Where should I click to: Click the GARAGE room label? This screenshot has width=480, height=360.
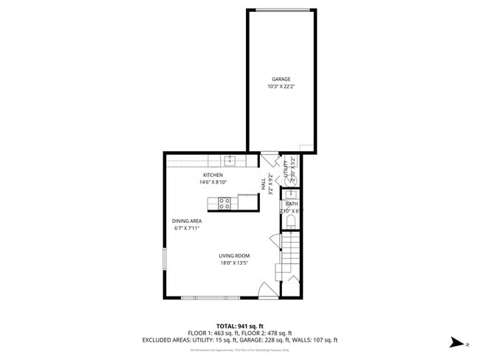281,79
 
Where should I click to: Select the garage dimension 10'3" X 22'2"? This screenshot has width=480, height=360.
281,86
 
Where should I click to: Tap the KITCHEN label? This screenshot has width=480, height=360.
213,175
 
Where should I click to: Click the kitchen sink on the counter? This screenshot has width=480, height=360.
230,159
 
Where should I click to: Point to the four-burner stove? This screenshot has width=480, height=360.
225,202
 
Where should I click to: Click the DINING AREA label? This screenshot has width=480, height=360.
187,221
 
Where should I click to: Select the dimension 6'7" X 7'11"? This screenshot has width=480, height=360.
187,228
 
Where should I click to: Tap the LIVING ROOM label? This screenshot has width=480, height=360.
233,255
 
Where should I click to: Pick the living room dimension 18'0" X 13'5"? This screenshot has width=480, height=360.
233,263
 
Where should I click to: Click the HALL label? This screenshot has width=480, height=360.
263,184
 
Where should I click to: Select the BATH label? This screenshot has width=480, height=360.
292,204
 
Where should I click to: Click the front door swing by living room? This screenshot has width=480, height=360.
266,290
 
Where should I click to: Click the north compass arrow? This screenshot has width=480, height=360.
458,342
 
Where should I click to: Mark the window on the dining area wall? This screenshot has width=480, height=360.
165,261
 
